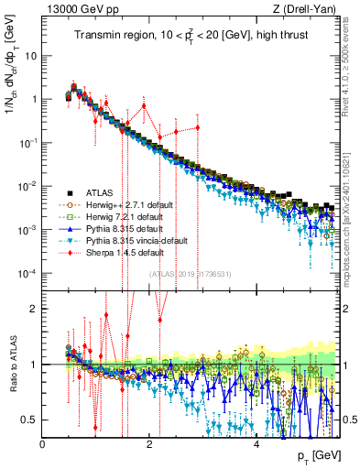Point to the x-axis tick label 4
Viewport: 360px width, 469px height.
(x=256, y=443)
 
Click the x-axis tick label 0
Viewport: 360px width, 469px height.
(x=43, y=443)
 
